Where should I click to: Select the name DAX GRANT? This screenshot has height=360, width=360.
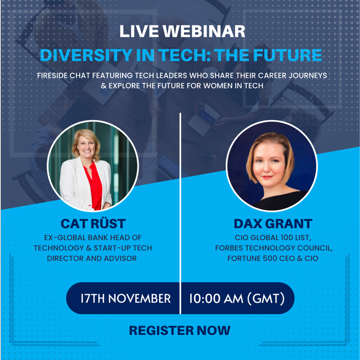pyautogui.click(x=272, y=224)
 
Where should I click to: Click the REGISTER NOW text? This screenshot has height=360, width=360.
pyautogui.click(x=180, y=330)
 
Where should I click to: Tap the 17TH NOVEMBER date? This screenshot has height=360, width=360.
pyautogui.click(x=125, y=299)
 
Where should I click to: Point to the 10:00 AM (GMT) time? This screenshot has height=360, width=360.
pyautogui.click(x=236, y=299)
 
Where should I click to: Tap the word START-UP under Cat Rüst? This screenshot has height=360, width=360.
pyautogui.click(x=118, y=248)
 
